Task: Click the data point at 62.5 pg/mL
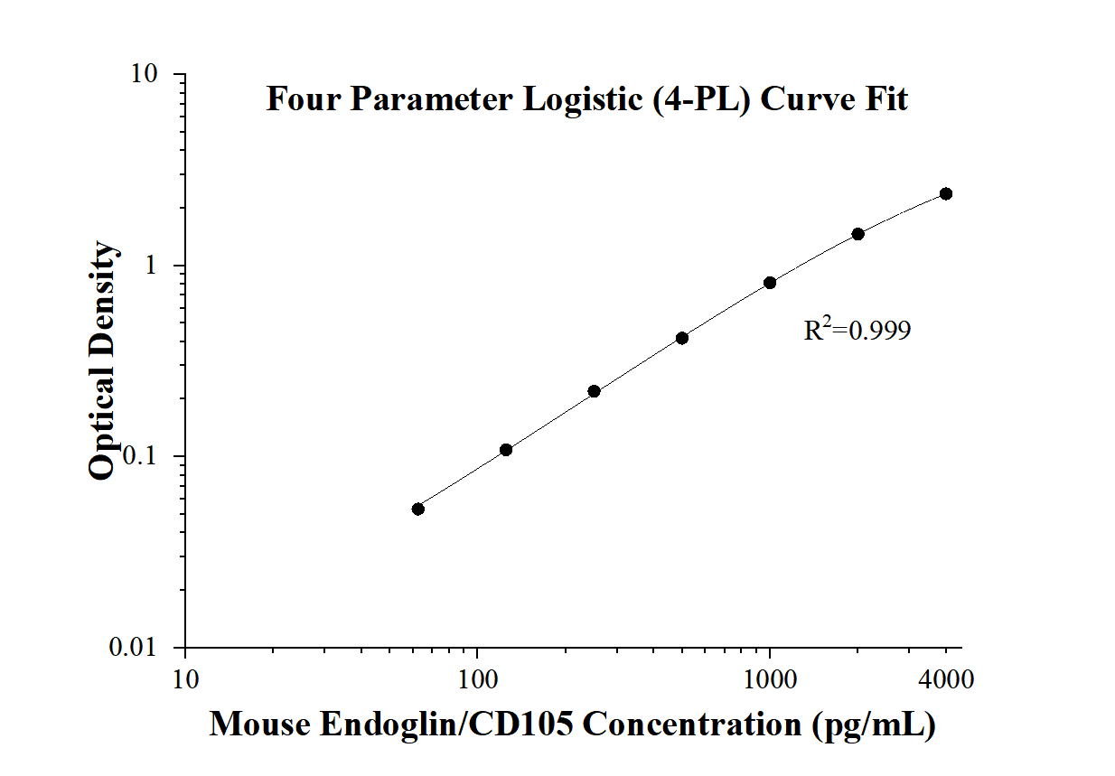418,509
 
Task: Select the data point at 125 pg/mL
506,450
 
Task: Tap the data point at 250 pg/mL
594,391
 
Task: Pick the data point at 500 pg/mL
682,338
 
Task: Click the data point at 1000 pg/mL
770,283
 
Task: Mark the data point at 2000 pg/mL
857,234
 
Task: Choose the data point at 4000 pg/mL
946,193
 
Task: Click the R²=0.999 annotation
857,331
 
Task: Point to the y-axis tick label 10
144,75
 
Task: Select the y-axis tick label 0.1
142,457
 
